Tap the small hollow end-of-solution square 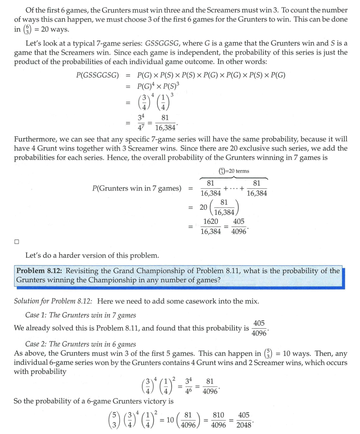(x=16, y=242)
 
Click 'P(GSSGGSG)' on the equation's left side (x=97, y=75)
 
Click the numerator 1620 (x=210, y=222)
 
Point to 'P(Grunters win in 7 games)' (x=137, y=188)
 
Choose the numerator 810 (x=218, y=416)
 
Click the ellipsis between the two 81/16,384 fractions (x=234, y=188)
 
